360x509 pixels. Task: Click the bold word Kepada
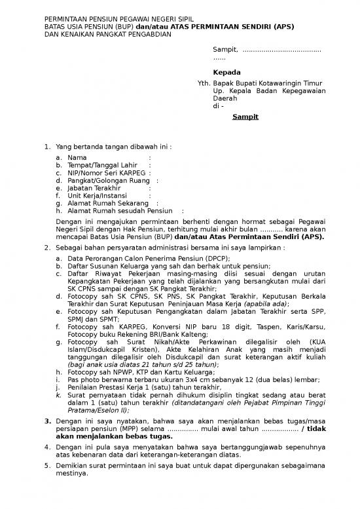pyautogui.click(x=226, y=72)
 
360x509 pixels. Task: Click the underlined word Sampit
pyautogui.click(x=247, y=117)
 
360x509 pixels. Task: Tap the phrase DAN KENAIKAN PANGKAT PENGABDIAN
pyautogui.click(x=107, y=34)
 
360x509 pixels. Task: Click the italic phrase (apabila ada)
pyautogui.click(x=266, y=304)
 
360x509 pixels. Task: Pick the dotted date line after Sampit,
pyautogui.click(x=281, y=50)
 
